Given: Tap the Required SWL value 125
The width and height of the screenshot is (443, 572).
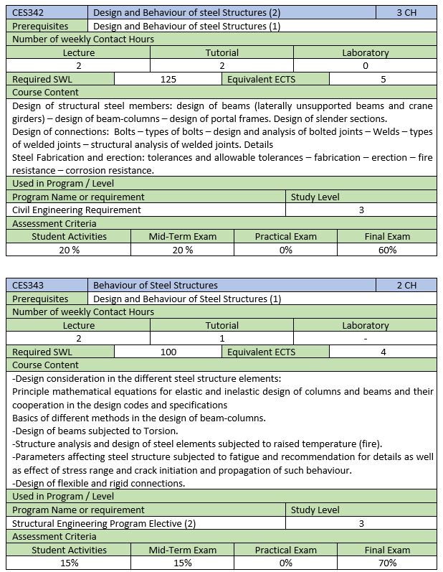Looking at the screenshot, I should point(168,79).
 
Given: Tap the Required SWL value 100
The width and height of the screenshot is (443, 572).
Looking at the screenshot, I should point(168,352).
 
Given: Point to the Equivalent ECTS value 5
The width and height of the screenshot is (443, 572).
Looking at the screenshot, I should point(384,79).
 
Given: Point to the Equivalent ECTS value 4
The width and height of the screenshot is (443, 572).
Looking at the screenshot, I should point(384,352).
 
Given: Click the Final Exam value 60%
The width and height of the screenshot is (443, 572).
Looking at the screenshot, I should point(387,250).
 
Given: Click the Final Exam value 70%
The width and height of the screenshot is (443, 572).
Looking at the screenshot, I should point(387,563).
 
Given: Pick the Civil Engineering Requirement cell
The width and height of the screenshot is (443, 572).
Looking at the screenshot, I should point(77,210).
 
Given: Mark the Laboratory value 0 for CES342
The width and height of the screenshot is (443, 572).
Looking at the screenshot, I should point(365,65).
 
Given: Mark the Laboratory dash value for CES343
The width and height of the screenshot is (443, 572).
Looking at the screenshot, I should point(365,338).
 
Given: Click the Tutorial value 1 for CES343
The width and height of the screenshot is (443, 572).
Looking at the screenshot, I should point(222,338).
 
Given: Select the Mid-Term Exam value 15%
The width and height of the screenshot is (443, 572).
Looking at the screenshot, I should point(182,563).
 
